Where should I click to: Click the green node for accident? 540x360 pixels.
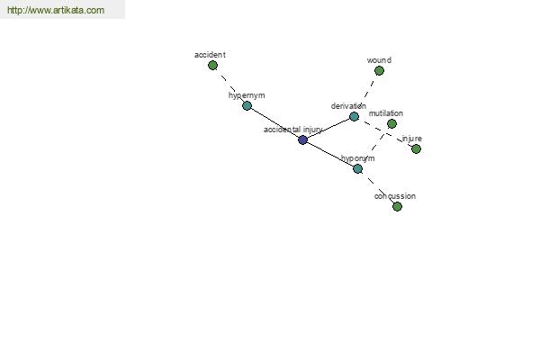click(212, 65)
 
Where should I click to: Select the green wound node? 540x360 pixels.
click(379, 70)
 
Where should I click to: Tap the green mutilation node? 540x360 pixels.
click(391, 123)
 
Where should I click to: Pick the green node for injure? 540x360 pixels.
click(416, 148)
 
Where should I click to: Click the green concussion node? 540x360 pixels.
click(397, 206)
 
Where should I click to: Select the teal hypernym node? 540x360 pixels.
click(247, 106)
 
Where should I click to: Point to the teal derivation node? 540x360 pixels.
click(354, 116)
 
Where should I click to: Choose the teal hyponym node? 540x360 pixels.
click(358, 169)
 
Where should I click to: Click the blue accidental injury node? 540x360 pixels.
click(302, 139)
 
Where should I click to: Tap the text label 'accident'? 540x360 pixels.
click(210, 55)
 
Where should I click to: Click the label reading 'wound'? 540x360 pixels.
click(379, 60)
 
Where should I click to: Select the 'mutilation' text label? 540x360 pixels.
click(386, 113)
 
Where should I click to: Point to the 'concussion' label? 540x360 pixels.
click(395, 196)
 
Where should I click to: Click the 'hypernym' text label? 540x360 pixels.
click(247, 95)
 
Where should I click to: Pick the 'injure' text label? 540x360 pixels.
click(412, 139)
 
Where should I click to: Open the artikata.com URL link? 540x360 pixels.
click(56, 10)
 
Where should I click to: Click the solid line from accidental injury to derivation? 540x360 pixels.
click(328, 128)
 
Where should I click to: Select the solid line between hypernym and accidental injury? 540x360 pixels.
click(274, 122)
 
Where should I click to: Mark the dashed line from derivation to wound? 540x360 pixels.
click(367, 93)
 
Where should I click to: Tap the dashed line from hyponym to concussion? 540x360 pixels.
click(377, 188)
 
